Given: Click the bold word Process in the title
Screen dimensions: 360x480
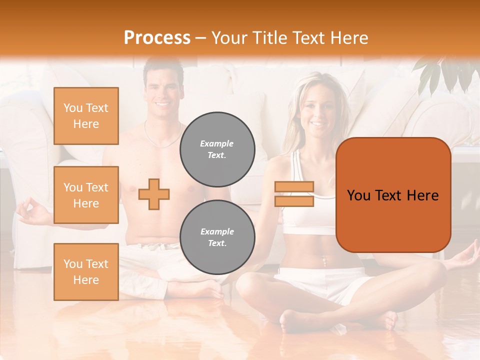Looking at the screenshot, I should click(157, 37).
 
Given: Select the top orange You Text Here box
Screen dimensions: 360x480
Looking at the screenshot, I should click(86, 116).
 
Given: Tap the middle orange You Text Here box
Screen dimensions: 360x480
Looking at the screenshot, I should click(86, 195).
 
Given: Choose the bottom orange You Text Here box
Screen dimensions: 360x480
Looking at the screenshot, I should click(86, 271).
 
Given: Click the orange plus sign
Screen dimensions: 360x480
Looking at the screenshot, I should click(154, 194).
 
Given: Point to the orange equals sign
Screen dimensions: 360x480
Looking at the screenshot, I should click(294, 194).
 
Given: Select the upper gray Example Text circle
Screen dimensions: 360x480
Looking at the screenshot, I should click(217, 149).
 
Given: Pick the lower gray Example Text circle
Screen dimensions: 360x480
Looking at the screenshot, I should click(217, 237).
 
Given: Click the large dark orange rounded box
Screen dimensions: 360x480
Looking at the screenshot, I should click(393, 195).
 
